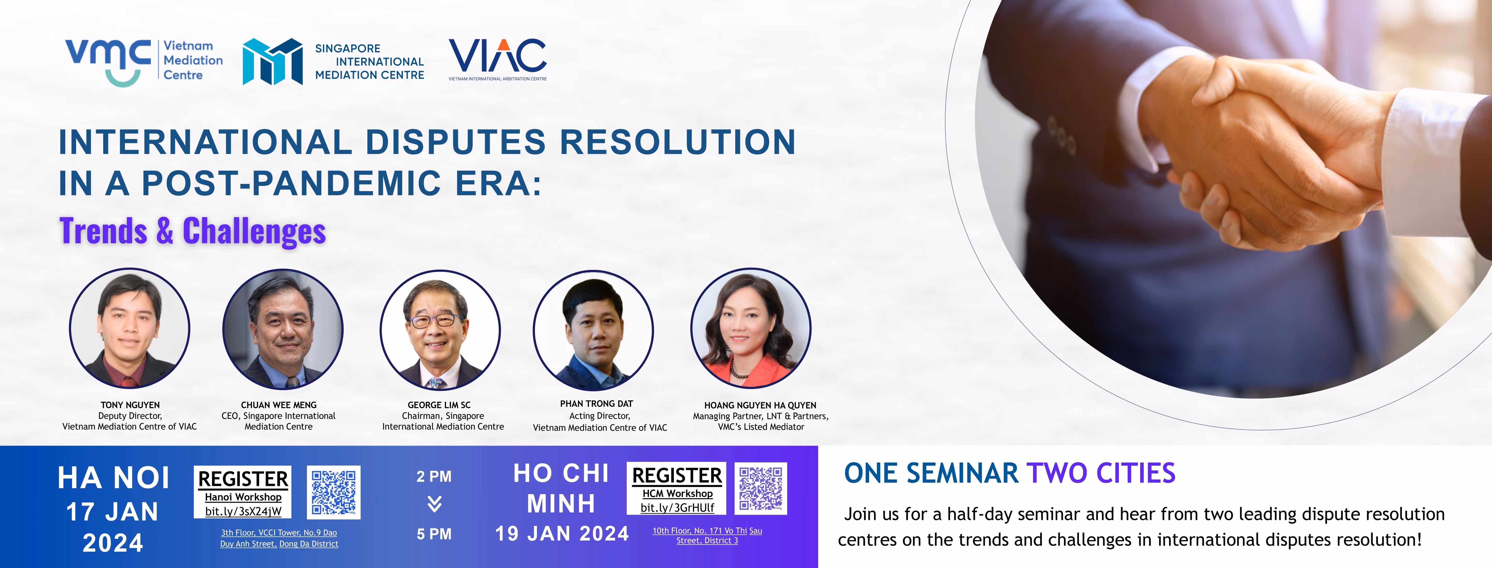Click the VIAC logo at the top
point(497,59)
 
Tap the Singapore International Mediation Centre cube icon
point(272,61)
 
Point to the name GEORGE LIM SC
point(439,405)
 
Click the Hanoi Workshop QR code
point(334,492)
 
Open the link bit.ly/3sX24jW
point(243,511)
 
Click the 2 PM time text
point(434,476)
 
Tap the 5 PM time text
point(434,534)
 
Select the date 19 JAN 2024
point(562,533)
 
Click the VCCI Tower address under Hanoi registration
point(279,538)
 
